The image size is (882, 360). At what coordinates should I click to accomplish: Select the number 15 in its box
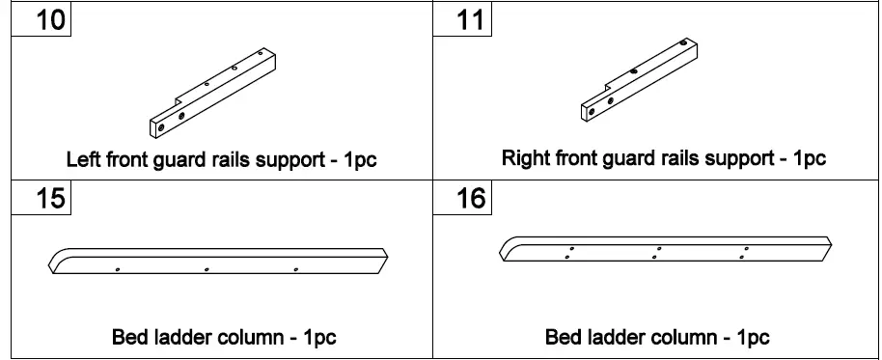(x=40, y=200)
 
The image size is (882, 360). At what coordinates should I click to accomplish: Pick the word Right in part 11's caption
(x=522, y=158)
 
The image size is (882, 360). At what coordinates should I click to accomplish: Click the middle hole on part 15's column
(x=207, y=269)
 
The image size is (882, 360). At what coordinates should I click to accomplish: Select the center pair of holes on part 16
(x=657, y=253)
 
